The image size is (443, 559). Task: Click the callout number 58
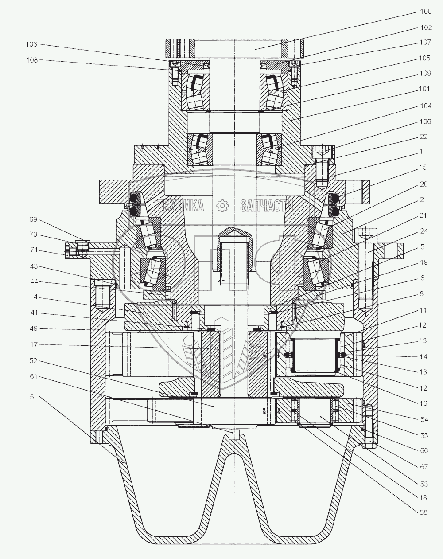click(x=424, y=512)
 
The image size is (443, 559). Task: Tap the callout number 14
click(x=424, y=356)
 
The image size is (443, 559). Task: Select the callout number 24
click(x=424, y=231)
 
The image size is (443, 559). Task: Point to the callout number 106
click(x=424, y=121)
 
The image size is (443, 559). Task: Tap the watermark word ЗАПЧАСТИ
click(x=267, y=205)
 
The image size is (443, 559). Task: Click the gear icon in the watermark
click(x=221, y=205)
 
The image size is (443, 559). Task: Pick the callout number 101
click(x=424, y=89)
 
